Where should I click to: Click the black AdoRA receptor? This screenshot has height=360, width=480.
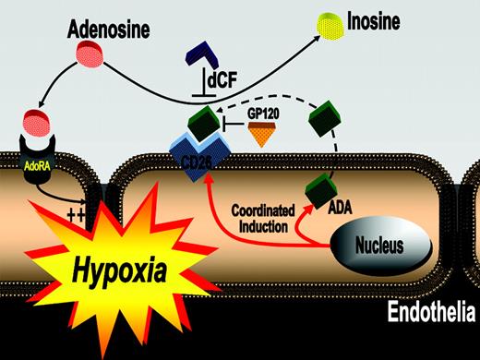tap(33, 147)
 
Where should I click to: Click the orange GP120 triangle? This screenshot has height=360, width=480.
tap(266, 138)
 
